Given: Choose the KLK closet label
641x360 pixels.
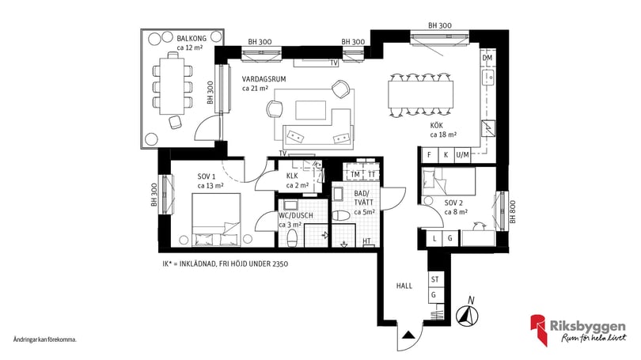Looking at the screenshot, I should pyautogui.click(x=292, y=176).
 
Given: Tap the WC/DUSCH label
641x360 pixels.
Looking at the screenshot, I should pyautogui.click(x=297, y=215).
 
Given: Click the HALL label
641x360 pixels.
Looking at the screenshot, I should pyautogui.click(x=405, y=286).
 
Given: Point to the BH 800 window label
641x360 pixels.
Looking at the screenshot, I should pyautogui.click(x=512, y=213).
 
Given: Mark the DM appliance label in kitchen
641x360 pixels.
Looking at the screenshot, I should pyautogui.click(x=487, y=59).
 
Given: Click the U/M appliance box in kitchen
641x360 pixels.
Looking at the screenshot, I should pyautogui.click(x=464, y=155).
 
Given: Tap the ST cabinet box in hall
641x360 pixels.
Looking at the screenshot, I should pyautogui.click(x=434, y=279).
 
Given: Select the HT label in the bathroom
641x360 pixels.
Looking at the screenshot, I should pyautogui.click(x=367, y=241).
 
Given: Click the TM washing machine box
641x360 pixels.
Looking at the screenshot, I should pyautogui.click(x=355, y=174).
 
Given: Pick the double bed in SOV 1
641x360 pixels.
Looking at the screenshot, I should pyautogui.click(x=215, y=222).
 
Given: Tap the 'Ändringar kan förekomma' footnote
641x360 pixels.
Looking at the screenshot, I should pyautogui.click(x=44, y=339).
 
